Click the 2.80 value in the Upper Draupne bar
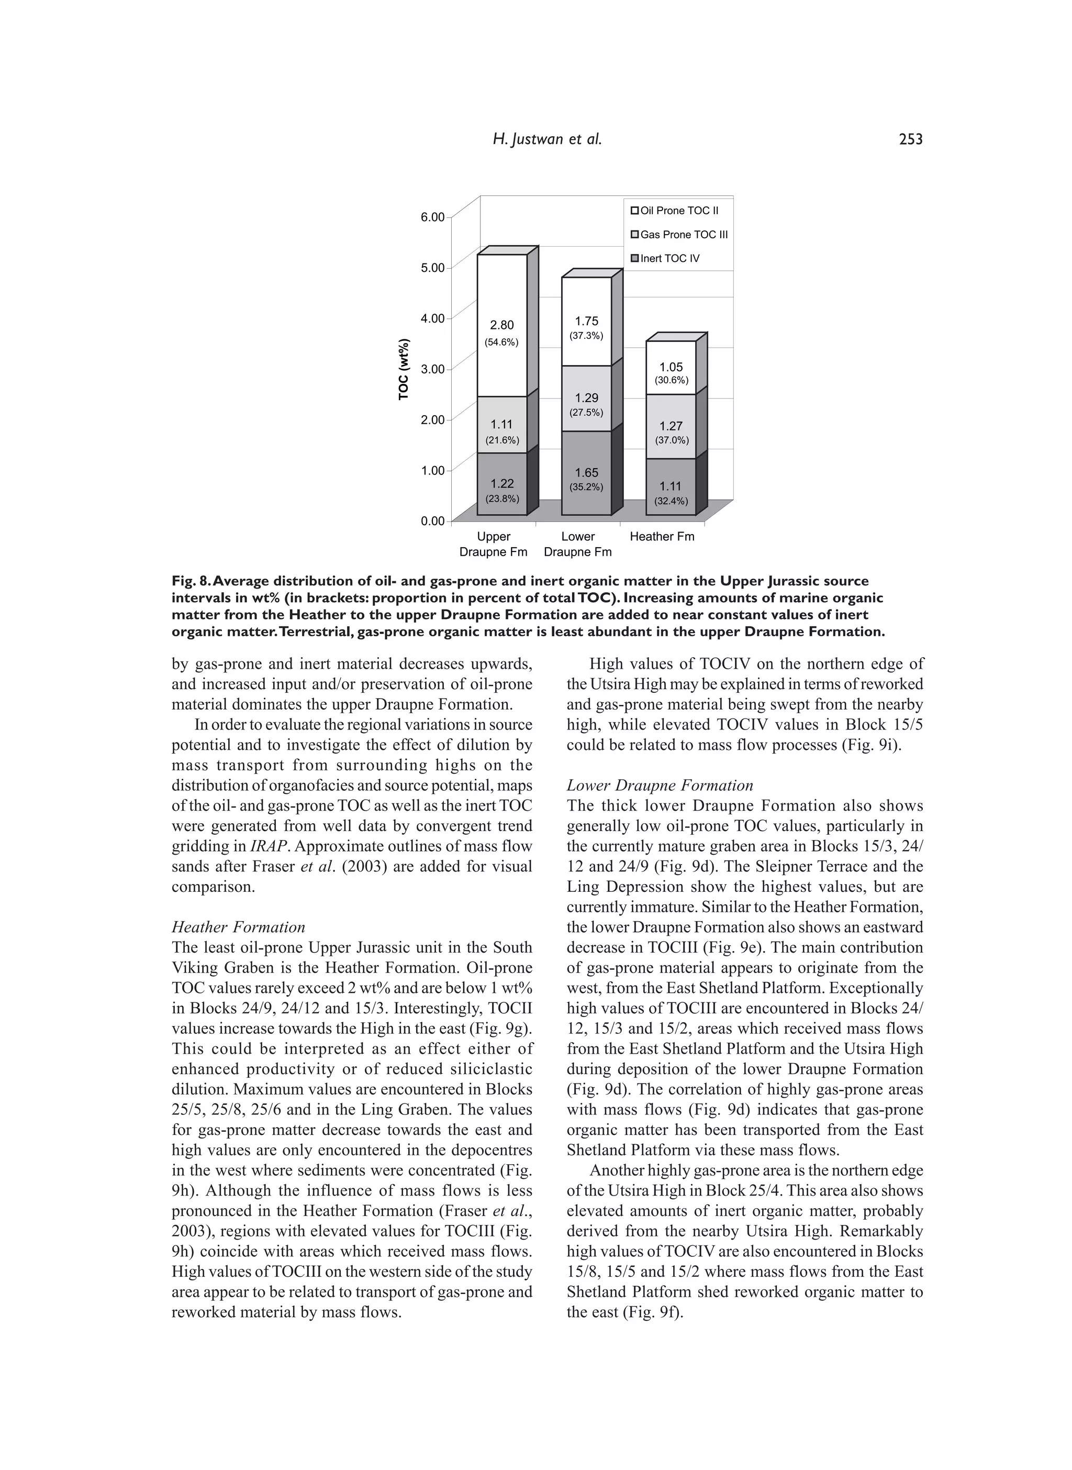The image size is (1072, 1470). [x=501, y=325]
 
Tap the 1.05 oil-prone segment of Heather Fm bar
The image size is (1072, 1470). [x=671, y=368]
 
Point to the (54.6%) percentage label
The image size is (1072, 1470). [x=501, y=342]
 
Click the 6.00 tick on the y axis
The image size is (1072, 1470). [x=433, y=217]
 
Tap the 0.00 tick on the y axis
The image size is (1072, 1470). [x=433, y=521]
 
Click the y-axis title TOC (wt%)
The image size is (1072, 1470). [x=404, y=369]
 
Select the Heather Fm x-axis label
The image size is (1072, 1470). [x=662, y=536]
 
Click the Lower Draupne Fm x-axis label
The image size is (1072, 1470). [x=577, y=544]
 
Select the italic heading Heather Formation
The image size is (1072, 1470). [x=238, y=927]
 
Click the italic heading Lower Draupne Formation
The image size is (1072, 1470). [x=660, y=786]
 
